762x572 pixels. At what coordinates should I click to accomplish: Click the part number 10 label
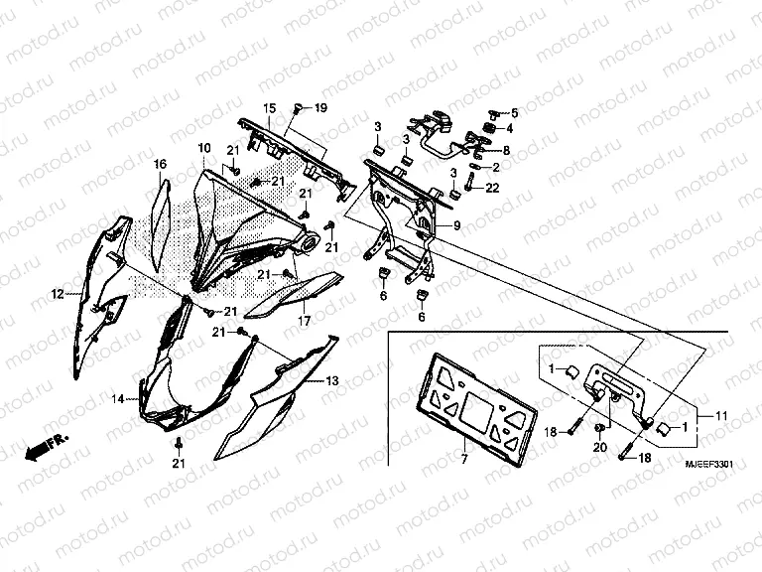[x=203, y=149]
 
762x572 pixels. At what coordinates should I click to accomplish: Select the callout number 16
[x=159, y=163]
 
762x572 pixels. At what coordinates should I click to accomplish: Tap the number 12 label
[x=58, y=293]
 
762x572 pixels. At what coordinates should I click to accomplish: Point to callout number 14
[x=118, y=398]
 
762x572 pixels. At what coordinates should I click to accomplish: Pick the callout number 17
[x=305, y=323]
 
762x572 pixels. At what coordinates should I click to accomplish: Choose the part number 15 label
[x=269, y=107]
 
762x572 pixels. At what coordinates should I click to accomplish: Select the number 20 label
[x=600, y=449]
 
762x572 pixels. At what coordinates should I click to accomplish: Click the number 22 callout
[x=492, y=189]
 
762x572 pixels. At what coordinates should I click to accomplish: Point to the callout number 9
[x=456, y=227]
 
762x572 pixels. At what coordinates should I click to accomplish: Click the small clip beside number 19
[x=298, y=107]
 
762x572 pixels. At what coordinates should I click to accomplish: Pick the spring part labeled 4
[x=490, y=128]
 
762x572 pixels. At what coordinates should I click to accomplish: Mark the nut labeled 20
[x=601, y=429]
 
